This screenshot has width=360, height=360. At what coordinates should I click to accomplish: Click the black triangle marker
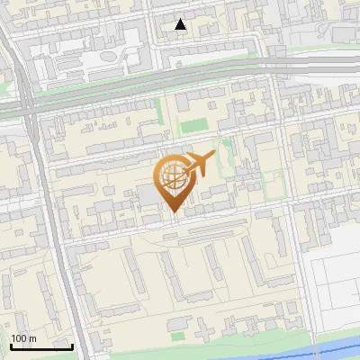click(181, 24)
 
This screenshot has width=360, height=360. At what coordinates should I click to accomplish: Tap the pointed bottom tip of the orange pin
click(172, 212)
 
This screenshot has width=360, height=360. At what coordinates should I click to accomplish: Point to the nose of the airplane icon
click(213, 157)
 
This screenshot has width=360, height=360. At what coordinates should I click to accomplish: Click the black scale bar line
click(40, 346)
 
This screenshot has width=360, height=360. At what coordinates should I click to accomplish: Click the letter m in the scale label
click(32, 338)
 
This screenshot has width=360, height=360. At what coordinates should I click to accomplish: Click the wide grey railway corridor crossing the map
click(180, 79)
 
